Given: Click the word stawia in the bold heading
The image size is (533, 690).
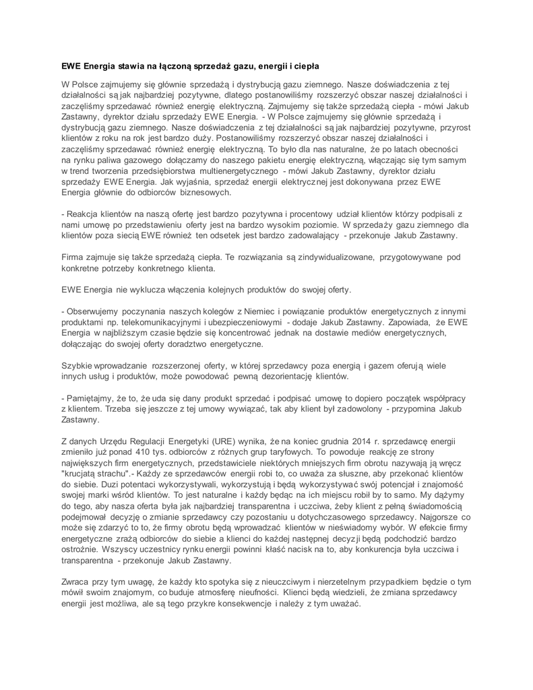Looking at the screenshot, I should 132,66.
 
